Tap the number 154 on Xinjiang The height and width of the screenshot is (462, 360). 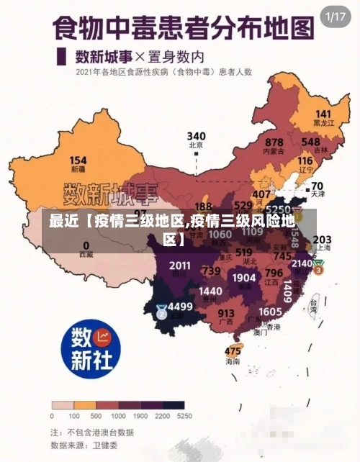coord(78,160)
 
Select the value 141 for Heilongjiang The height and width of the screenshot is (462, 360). coord(323,114)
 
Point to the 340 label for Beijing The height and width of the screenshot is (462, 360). coord(196,135)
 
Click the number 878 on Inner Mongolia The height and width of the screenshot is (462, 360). coord(274,142)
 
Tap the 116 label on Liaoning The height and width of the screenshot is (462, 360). coord(305,160)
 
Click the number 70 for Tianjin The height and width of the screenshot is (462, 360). coord(317,185)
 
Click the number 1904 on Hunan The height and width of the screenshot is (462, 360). coord(244,277)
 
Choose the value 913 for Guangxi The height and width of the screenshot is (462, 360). coord(226,313)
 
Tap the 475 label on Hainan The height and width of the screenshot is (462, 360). coord(233,351)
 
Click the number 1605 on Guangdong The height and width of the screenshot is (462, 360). coord(270,311)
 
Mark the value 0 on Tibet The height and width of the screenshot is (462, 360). coord(86,245)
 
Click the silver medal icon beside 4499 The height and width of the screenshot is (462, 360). coord(161,312)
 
